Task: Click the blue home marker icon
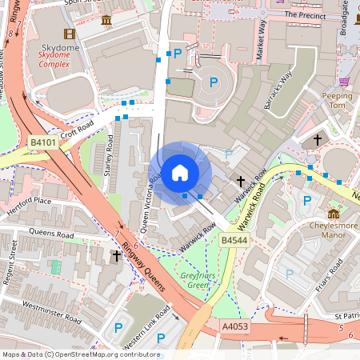pyautogui.click(x=180, y=172)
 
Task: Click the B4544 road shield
pyautogui.click(x=234, y=240)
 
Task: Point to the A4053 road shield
pyautogui.click(x=235, y=326)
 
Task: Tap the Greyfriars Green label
pyautogui.click(x=193, y=280)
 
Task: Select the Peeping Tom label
pyautogui.click(x=337, y=101)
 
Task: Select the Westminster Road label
pyautogui.click(x=53, y=311)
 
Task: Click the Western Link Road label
pyautogui.click(x=147, y=323)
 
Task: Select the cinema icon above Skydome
pyautogui.click(x=69, y=34)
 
